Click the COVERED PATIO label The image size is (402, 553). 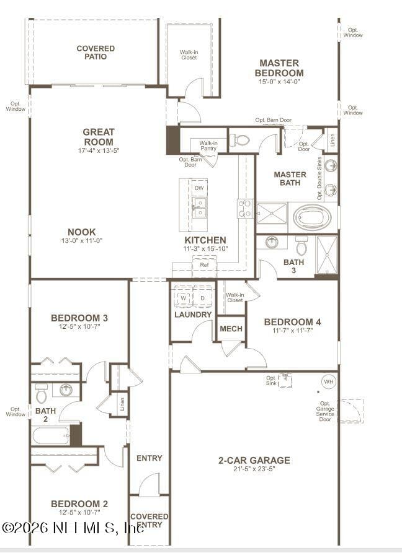tap(96, 53)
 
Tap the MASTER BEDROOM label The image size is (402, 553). tap(279, 68)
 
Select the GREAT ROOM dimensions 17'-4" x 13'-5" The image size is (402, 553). tap(99, 150)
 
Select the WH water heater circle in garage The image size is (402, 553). tap(328, 381)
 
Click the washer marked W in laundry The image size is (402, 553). tap(184, 298)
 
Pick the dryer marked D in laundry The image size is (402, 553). tap(202, 298)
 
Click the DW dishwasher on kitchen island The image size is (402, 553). tap(199, 188)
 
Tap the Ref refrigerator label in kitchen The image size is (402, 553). tap(204, 265)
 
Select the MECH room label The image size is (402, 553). tap(231, 329)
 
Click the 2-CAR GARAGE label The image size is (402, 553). tap(254, 460)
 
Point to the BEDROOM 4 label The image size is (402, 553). tap(292, 322)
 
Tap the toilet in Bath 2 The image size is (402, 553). tap(42, 392)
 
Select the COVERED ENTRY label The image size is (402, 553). tap(149, 520)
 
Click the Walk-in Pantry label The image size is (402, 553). tap(208, 146)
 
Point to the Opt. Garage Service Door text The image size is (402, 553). tap(326, 411)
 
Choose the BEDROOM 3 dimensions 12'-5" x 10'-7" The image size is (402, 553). tap(79, 326)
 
